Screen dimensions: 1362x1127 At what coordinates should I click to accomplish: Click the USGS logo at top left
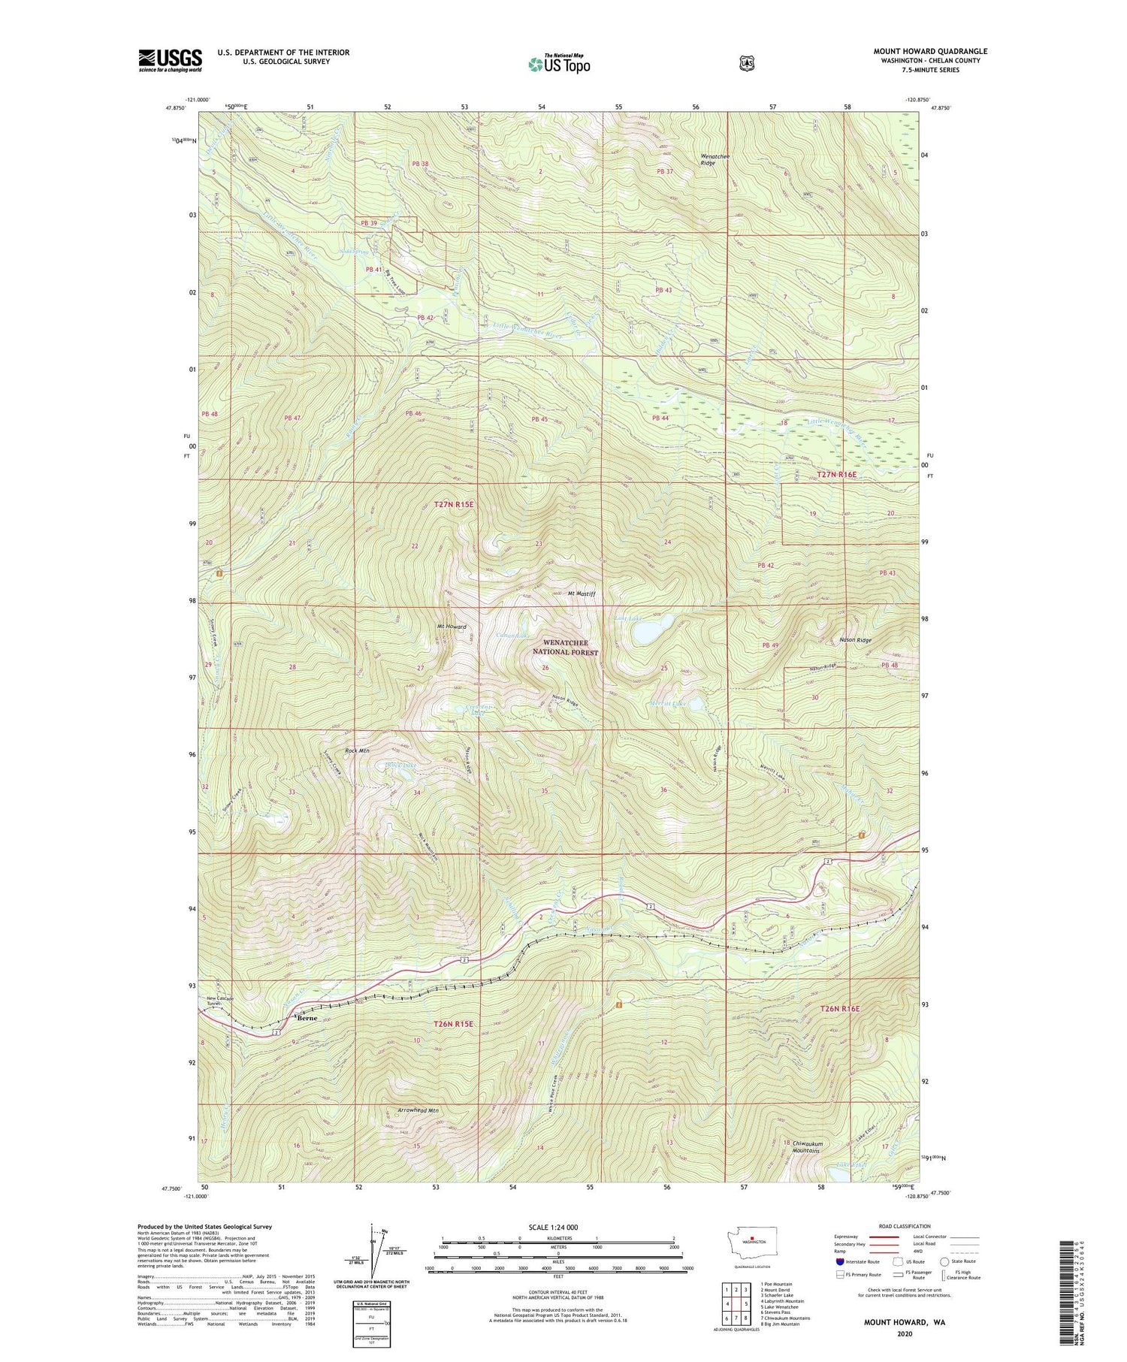(x=171, y=60)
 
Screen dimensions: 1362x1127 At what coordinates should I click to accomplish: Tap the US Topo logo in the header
(x=559, y=64)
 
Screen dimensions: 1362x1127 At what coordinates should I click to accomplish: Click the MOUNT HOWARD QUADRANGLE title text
(x=930, y=52)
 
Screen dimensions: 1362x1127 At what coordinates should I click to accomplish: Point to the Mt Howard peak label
(x=452, y=627)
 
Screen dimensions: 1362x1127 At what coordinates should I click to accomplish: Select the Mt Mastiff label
(x=582, y=593)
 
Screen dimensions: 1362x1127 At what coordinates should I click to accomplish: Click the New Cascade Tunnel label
(x=220, y=1001)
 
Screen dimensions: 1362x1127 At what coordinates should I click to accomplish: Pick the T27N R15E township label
(x=454, y=505)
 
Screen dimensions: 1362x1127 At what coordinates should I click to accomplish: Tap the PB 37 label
(x=664, y=172)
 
